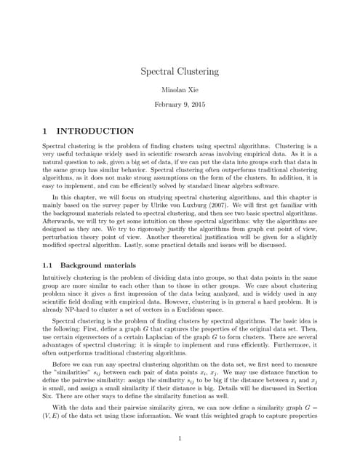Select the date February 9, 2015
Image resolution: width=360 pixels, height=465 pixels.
[x=180, y=105]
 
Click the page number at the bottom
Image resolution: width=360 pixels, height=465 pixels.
[x=180, y=438]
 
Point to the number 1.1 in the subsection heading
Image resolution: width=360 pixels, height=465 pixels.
[x=49, y=266]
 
